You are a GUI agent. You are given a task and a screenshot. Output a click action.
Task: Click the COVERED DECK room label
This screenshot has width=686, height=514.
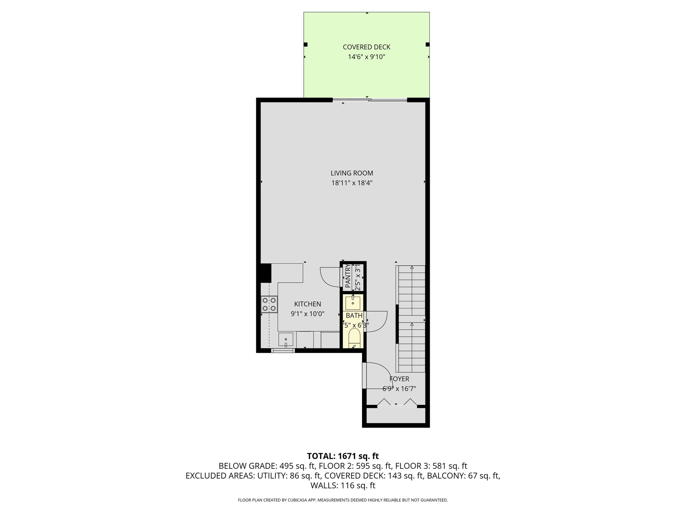(x=366, y=47)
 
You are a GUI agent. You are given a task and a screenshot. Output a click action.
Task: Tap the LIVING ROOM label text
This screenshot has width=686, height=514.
(x=352, y=173)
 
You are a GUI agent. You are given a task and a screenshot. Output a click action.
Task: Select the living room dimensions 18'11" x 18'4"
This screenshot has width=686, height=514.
(x=352, y=183)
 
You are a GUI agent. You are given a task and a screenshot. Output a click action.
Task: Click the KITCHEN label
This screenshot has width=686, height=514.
(x=307, y=304)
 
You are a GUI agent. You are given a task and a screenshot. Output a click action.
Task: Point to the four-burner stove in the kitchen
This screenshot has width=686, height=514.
(x=269, y=304)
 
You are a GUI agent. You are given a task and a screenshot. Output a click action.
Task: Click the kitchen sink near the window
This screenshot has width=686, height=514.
(x=286, y=340)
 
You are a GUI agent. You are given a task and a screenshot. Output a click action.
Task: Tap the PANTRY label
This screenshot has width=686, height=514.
(x=347, y=276)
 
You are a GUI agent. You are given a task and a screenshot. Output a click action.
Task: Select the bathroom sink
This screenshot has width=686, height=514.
(x=353, y=303)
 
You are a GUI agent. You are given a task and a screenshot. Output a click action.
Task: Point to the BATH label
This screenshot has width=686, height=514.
(x=354, y=316)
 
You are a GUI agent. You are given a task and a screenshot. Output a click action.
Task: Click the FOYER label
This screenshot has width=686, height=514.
(x=399, y=379)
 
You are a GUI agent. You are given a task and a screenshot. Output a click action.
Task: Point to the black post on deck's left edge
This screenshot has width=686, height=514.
(x=305, y=44)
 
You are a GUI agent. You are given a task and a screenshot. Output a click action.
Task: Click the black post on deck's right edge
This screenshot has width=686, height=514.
(x=427, y=44)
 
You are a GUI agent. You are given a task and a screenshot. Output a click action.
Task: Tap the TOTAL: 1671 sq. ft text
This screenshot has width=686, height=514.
(x=343, y=456)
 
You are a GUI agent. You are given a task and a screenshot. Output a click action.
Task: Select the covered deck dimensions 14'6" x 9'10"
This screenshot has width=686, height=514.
(x=366, y=57)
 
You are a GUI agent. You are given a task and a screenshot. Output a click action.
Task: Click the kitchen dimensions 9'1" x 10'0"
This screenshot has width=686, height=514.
(x=307, y=314)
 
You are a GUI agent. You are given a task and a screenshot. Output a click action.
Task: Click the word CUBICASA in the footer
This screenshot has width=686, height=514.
(x=297, y=500)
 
